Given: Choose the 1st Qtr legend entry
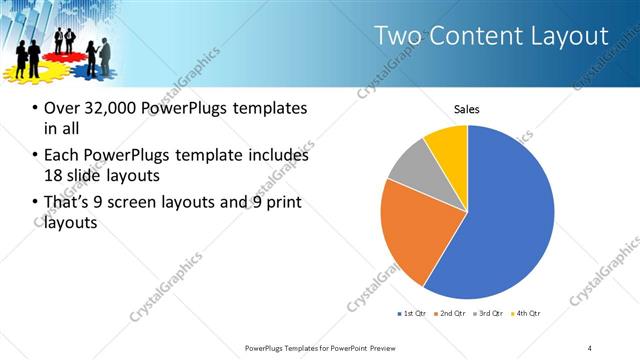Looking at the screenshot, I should [x=411, y=314].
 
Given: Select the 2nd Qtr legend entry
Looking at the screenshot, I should [x=448, y=314].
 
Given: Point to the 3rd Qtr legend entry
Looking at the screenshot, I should [x=487, y=314].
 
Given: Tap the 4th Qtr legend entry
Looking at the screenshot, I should [x=524, y=314].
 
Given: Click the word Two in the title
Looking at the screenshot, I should [x=396, y=36].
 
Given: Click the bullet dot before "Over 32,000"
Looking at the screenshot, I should [x=35, y=108].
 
